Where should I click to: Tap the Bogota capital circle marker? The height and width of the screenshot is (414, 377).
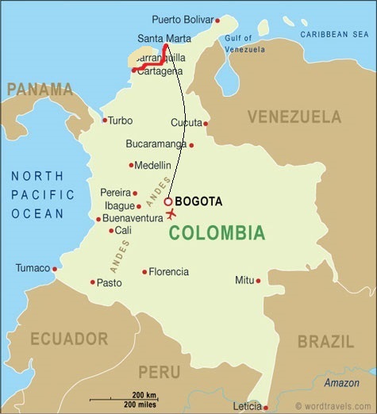tap(168, 202)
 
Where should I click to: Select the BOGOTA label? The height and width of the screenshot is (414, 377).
tap(198, 202)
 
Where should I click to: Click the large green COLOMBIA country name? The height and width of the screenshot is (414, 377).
tap(216, 233)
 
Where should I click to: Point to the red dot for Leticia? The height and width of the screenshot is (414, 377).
tap(266, 407)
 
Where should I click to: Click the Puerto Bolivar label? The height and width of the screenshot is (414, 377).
tap(183, 20)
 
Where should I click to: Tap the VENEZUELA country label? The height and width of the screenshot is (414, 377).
tap(294, 117)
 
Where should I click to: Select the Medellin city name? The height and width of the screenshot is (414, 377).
tap(153, 165)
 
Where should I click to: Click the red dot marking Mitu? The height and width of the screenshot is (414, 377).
tap(258, 280)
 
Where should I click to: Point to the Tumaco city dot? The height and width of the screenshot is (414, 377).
tap(55, 269)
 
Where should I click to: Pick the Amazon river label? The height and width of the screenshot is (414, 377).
tap(341, 383)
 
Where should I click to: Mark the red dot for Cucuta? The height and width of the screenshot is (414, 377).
tap(206, 123)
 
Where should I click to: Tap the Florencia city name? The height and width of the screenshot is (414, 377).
tap(169, 272)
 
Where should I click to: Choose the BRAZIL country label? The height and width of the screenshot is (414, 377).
tap(325, 342)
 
